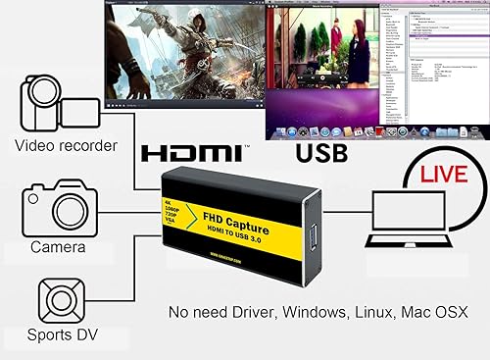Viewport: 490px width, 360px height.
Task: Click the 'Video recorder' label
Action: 67,147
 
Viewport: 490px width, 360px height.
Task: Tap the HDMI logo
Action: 191,154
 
